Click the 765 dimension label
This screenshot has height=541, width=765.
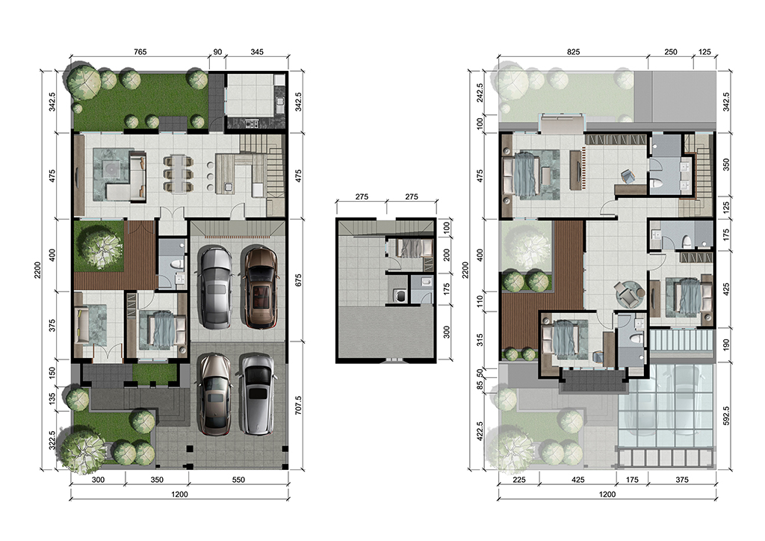(x=140, y=52)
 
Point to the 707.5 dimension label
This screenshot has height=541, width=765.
(x=299, y=406)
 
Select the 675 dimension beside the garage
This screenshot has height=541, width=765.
(x=299, y=280)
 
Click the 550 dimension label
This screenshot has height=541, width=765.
(x=238, y=480)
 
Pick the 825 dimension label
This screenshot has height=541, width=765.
(x=573, y=52)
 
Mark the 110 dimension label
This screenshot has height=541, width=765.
(x=480, y=301)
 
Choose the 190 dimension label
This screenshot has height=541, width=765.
(x=726, y=345)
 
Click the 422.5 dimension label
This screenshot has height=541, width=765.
(x=480, y=430)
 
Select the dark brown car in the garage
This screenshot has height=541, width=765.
(x=261, y=287)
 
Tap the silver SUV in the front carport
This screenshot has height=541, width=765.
(x=257, y=393)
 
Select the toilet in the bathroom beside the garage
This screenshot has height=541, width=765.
(x=177, y=265)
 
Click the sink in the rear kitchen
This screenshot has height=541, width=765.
(x=280, y=102)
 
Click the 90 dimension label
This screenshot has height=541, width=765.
(x=217, y=52)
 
